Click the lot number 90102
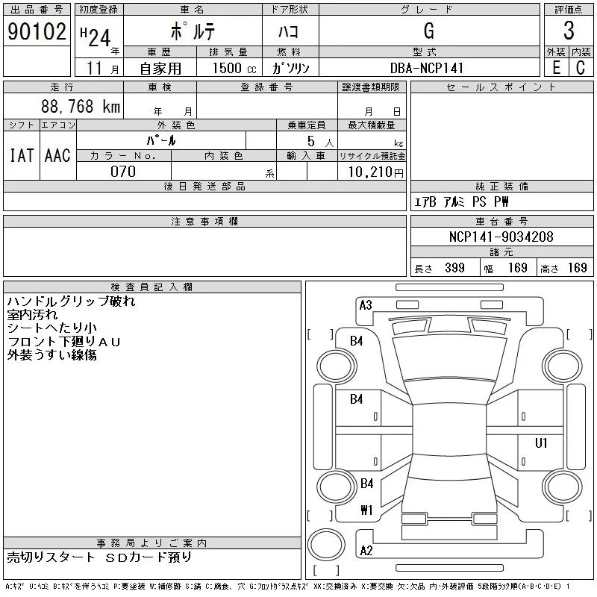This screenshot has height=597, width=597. [x=36, y=31]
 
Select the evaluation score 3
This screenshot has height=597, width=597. [x=569, y=31]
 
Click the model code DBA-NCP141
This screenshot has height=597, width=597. [x=427, y=68]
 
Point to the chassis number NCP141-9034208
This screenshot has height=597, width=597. [x=501, y=237]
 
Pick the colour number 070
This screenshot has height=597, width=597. [x=123, y=172]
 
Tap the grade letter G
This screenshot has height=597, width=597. [x=428, y=31]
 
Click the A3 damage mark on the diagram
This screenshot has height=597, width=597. [x=366, y=304]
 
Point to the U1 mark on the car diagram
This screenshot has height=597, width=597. [x=541, y=443]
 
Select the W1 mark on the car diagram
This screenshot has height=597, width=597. [x=366, y=510]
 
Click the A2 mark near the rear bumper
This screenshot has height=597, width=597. [x=366, y=551]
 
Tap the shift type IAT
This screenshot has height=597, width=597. [x=21, y=156]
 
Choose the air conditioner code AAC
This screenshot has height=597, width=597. [x=57, y=156]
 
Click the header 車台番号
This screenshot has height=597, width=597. [x=501, y=222]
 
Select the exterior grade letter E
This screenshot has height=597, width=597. [x=556, y=68]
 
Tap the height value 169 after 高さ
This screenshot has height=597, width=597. [x=577, y=268]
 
